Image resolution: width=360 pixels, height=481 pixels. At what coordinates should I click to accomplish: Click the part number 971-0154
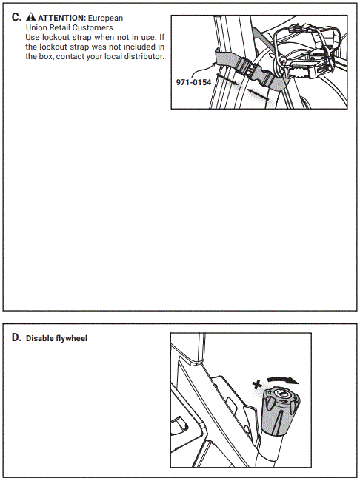pyautogui.click(x=193, y=81)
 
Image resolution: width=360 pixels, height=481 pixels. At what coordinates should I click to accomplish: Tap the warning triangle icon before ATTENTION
pyautogui.click(x=30, y=17)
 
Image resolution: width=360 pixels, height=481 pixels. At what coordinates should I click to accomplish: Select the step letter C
pyautogui.click(x=16, y=16)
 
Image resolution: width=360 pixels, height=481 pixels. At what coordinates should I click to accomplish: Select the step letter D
pyautogui.click(x=16, y=337)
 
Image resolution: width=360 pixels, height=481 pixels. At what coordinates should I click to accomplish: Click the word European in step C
pyautogui.click(x=102, y=17)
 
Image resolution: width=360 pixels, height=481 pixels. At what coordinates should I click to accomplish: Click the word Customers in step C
pyautogui.click(x=93, y=27)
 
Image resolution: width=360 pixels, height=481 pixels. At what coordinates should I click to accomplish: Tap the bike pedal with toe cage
pyautogui.click(x=304, y=53)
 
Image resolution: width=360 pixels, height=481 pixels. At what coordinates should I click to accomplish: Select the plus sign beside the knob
pyautogui.click(x=256, y=385)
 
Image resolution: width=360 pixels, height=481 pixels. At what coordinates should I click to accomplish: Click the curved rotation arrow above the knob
pyautogui.click(x=283, y=379)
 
